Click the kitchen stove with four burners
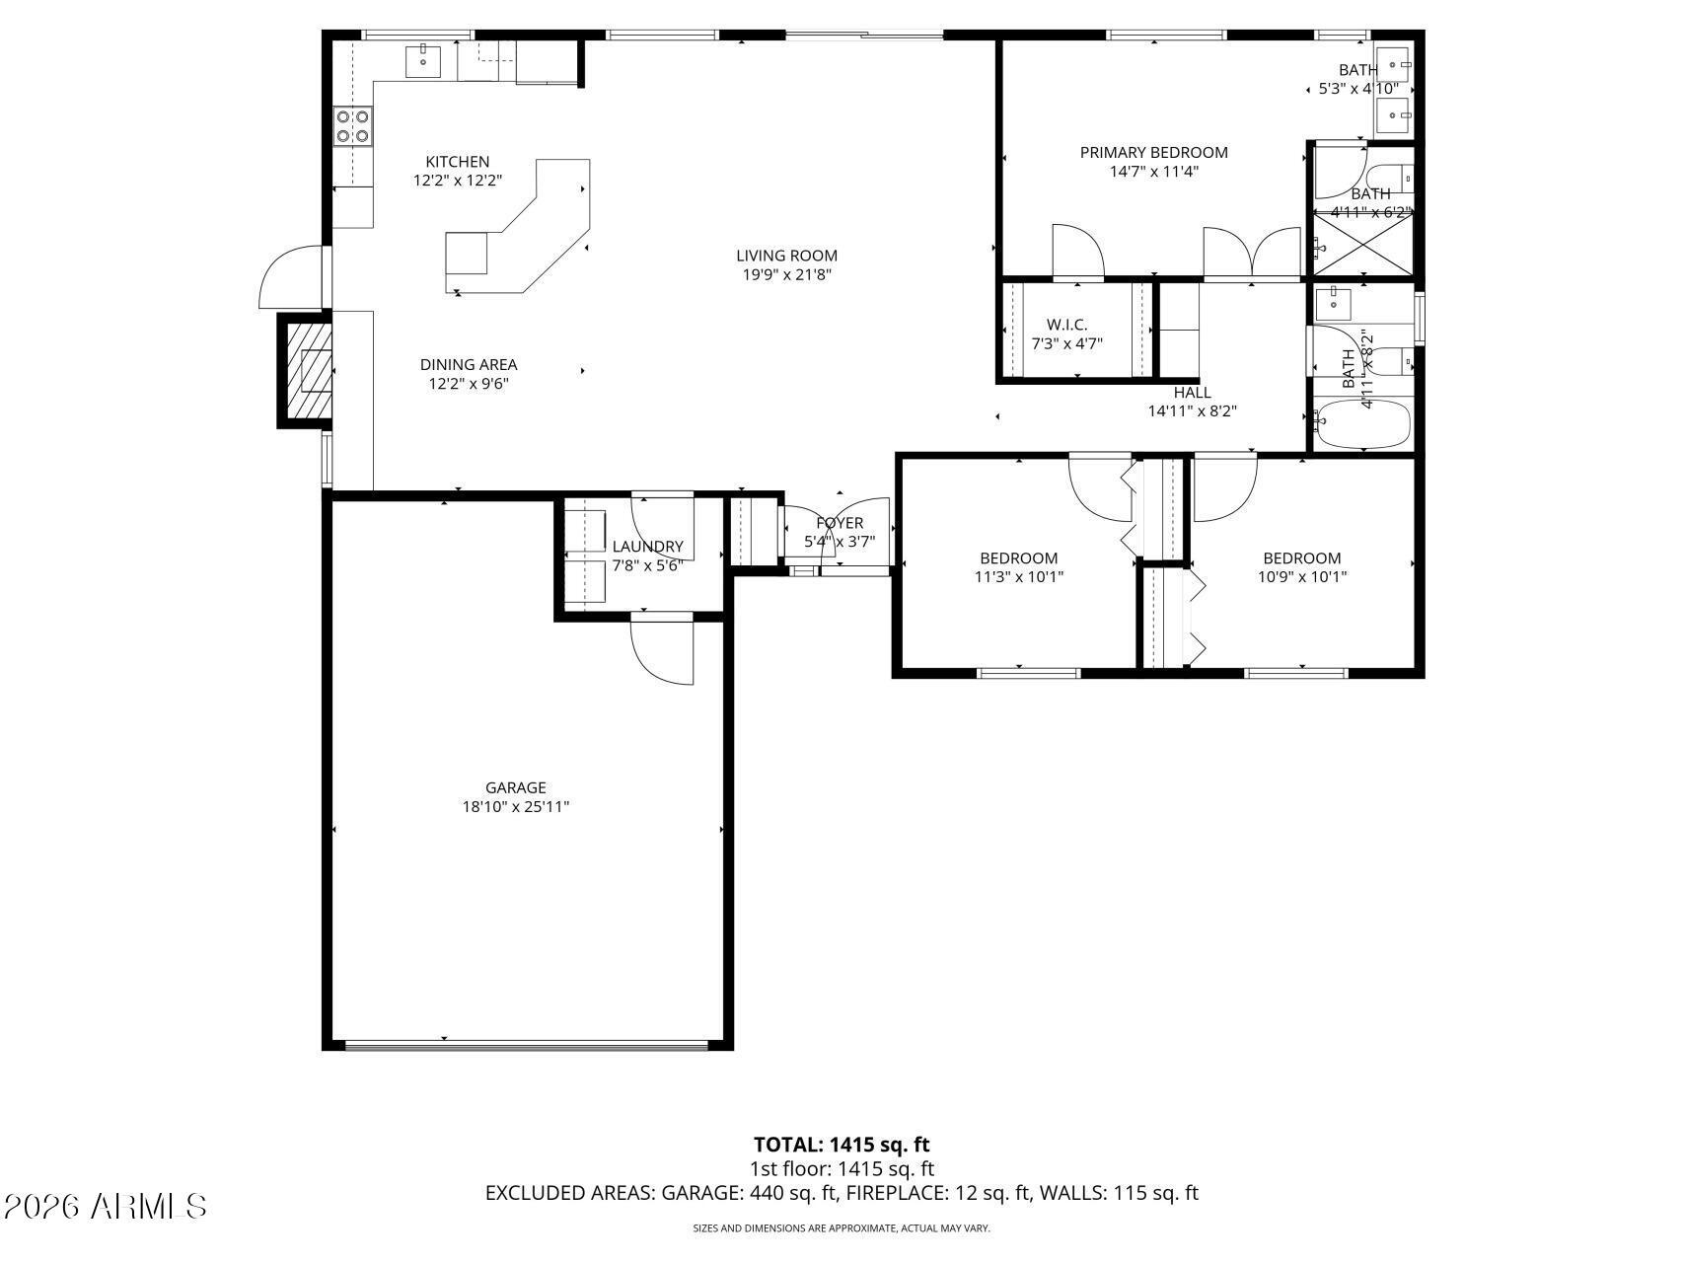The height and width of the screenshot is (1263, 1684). click(x=352, y=125)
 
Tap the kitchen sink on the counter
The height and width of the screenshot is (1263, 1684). click(x=423, y=61)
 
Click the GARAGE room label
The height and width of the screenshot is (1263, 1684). click(x=515, y=787)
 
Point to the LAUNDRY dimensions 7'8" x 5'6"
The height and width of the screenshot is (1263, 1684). click(x=647, y=566)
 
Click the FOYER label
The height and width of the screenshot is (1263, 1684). click(x=840, y=523)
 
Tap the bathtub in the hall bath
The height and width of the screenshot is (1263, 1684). click(x=1363, y=424)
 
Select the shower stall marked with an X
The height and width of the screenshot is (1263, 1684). click(x=1362, y=246)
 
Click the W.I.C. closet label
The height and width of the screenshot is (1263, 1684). click(x=1066, y=325)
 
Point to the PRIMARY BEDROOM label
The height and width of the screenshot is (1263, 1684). click(x=1153, y=152)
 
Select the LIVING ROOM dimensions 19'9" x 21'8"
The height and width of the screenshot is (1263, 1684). click(x=786, y=275)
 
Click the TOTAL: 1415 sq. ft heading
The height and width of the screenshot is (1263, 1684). click(x=842, y=1145)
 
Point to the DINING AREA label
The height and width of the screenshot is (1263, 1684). click(x=468, y=364)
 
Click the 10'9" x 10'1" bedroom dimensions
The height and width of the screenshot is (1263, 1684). click(x=1301, y=577)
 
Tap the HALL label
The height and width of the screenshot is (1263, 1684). click(x=1192, y=392)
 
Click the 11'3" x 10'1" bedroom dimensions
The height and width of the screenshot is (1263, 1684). click(x=1018, y=577)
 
